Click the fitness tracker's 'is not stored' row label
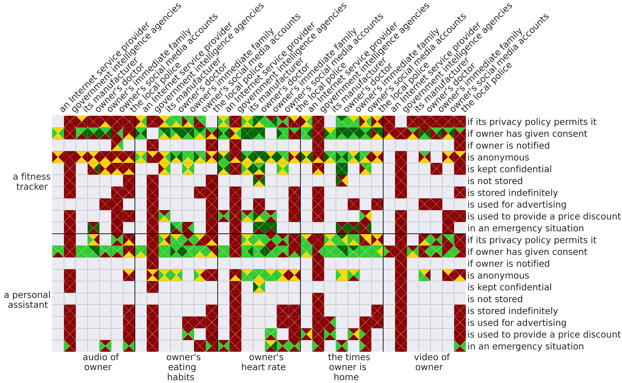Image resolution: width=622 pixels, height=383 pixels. coord(495,181)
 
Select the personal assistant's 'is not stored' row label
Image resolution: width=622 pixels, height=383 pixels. coord(495,299)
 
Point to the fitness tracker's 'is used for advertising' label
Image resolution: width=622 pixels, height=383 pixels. coord(517,205)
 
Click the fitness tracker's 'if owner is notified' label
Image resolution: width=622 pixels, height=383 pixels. coord(508,146)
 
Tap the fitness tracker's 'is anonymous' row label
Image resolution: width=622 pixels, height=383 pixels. coord(498,158)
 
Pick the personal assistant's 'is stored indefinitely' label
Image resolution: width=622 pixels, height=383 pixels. coord(512,311)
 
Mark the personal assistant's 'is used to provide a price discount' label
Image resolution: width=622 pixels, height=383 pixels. coord(544,335)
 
